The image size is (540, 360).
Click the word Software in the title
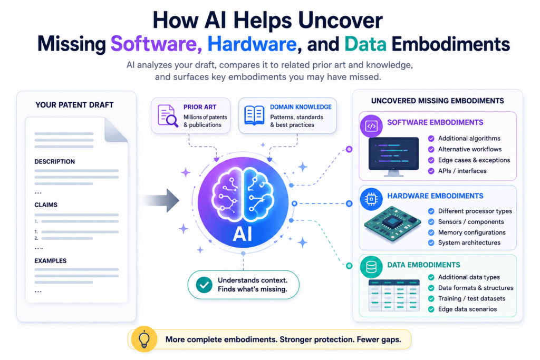pos(156,44)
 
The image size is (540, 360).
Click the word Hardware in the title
pos(252,44)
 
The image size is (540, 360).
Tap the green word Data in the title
pos(365,44)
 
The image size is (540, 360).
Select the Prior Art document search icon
pos(168,115)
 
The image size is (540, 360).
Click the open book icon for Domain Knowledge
pos(254,115)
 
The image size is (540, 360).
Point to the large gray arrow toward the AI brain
pos(160,200)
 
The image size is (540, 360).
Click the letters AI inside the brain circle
pos(243,235)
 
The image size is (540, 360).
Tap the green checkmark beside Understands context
pos(204,285)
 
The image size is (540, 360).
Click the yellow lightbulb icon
pos(144,339)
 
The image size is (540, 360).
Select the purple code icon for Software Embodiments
pos(371,126)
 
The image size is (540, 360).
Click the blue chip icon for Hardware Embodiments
pos(371,199)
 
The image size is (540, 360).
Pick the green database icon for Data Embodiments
pos(371,267)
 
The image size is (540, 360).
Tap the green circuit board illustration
pos(392,223)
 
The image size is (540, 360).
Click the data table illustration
pos(394,295)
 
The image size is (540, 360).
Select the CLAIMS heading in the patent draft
pos(46,205)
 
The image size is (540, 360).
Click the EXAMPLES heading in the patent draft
pos(50,261)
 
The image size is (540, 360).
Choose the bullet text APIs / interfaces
pos(462,171)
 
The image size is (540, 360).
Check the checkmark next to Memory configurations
pos(431,232)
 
